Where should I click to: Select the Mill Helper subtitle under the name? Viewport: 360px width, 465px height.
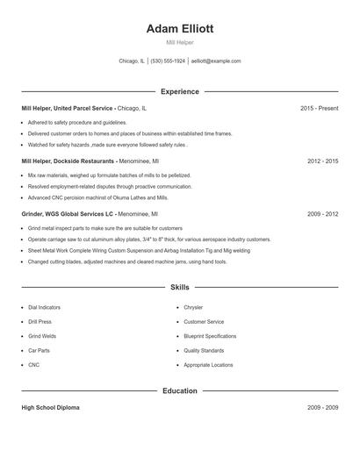tap(179, 42)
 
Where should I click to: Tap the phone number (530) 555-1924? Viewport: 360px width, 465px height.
tap(168, 61)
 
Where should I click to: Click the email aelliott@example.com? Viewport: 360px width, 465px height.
tap(216, 61)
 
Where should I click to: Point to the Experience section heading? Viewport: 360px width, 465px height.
tap(179, 91)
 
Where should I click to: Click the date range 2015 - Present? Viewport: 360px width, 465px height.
tap(319, 108)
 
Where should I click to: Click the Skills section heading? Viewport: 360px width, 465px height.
tap(179, 287)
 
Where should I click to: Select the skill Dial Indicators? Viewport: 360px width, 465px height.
tap(45, 308)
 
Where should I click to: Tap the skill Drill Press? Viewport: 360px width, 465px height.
tap(40, 322)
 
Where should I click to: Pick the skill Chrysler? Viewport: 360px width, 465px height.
tap(193, 308)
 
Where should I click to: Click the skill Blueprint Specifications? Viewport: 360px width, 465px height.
tap(210, 336)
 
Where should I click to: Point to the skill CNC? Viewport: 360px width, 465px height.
tap(33, 364)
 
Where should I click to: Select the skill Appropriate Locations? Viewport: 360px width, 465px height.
tap(208, 364)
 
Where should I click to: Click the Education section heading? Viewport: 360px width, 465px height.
tap(179, 390)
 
